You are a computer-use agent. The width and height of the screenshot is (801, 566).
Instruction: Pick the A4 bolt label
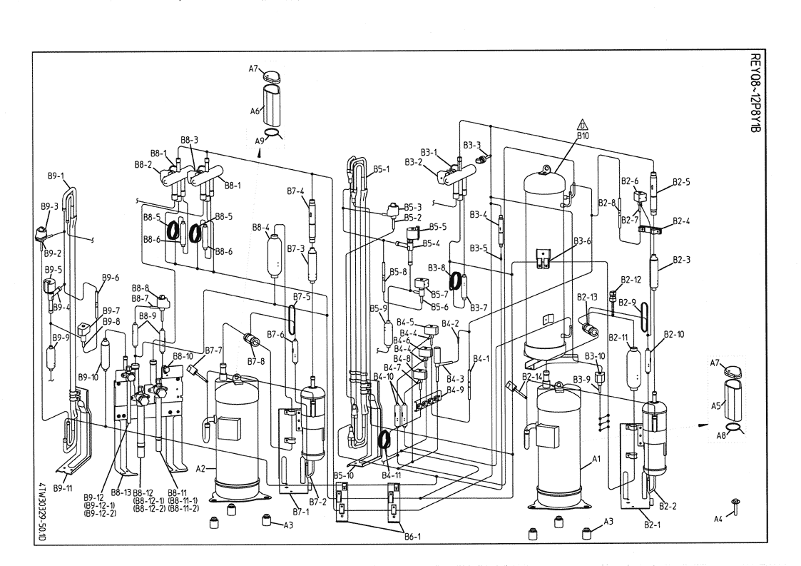[720, 520]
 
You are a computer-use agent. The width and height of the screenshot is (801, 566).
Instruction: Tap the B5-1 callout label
[382, 169]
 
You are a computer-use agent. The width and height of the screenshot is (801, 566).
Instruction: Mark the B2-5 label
[681, 181]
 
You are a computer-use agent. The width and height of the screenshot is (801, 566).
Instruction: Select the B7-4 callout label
[295, 191]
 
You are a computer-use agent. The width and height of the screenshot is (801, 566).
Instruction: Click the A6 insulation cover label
[253, 111]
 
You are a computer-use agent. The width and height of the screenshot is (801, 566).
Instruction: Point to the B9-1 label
[56, 176]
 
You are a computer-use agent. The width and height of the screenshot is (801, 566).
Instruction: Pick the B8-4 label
[261, 227]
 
